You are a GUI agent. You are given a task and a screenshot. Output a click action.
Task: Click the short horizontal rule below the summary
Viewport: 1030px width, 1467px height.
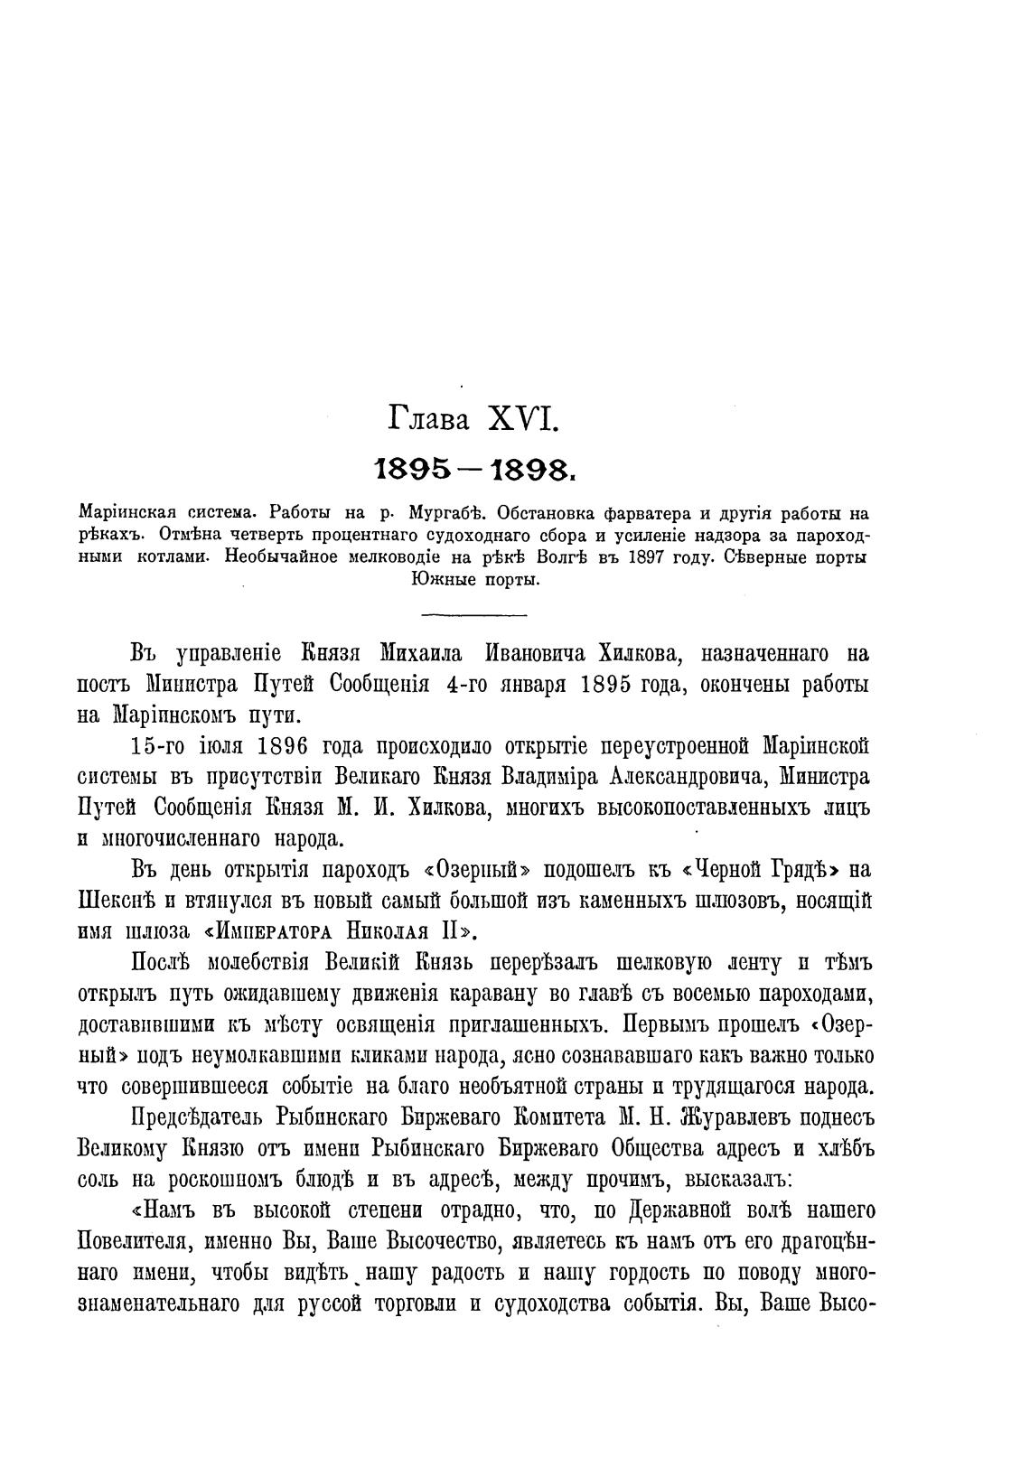tap(474, 616)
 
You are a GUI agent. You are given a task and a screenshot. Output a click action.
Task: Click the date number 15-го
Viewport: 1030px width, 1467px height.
tap(159, 746)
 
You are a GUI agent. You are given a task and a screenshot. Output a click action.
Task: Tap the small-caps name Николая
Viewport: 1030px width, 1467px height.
tap(398, 931)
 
